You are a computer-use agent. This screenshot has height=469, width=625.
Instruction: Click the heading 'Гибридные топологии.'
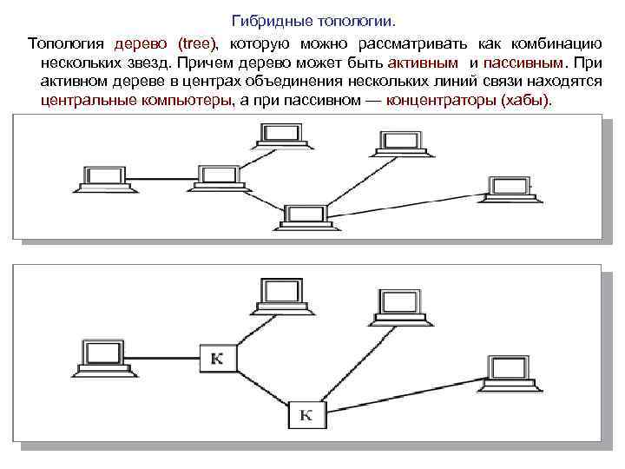(319, 19)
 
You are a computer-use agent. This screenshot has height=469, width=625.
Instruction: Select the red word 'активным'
(424, 62)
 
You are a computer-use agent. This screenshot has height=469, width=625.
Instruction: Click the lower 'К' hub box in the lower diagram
(306, 414)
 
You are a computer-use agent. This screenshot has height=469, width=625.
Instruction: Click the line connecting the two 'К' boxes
(261, 386)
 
